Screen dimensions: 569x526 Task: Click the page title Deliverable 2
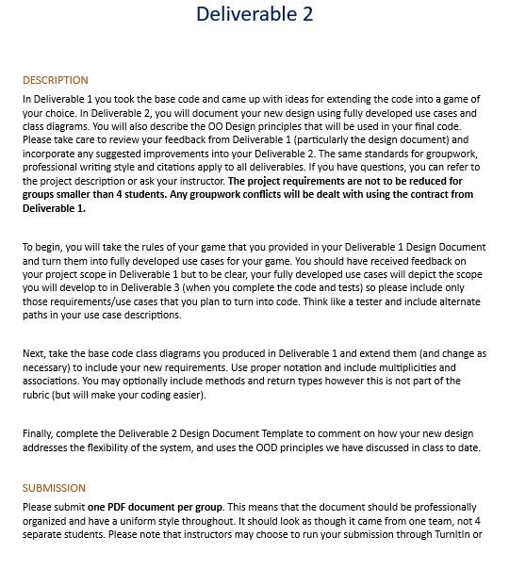point(255,14)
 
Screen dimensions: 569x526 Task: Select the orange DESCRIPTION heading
point(56,80)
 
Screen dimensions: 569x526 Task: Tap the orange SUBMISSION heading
point(54,488)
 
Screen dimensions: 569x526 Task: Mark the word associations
point(50,382)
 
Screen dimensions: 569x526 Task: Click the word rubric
point(37,395)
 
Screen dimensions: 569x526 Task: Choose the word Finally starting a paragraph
point(41,434)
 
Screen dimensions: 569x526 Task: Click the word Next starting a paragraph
point(35,354)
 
